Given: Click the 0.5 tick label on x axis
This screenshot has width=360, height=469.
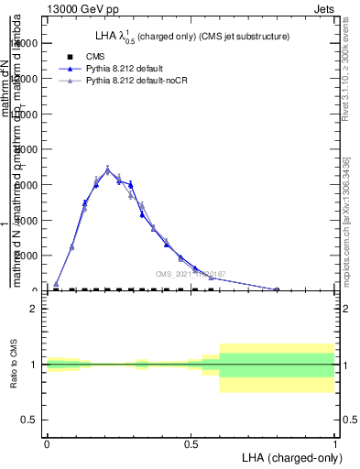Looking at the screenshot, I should click(x=191, y=443).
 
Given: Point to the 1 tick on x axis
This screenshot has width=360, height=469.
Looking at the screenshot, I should click(x=334, y=443).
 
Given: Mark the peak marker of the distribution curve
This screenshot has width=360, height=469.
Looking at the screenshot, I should click(x=107, y=169).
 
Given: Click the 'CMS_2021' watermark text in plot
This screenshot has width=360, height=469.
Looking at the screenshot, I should click(x=189, y=273).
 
